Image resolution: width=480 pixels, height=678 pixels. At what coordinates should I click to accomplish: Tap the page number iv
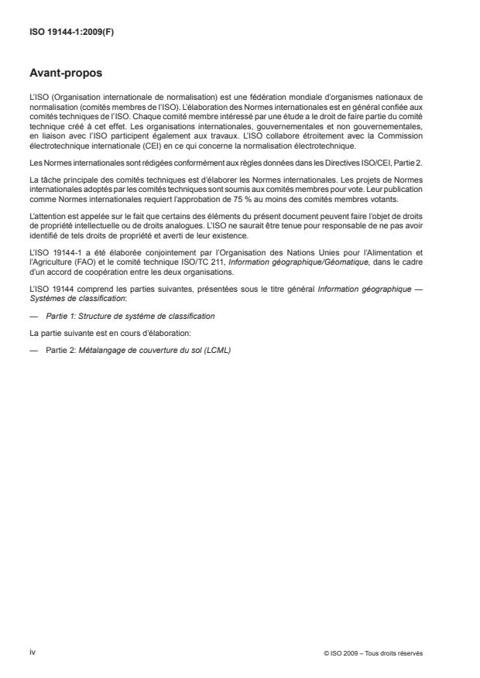coord(33,652)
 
